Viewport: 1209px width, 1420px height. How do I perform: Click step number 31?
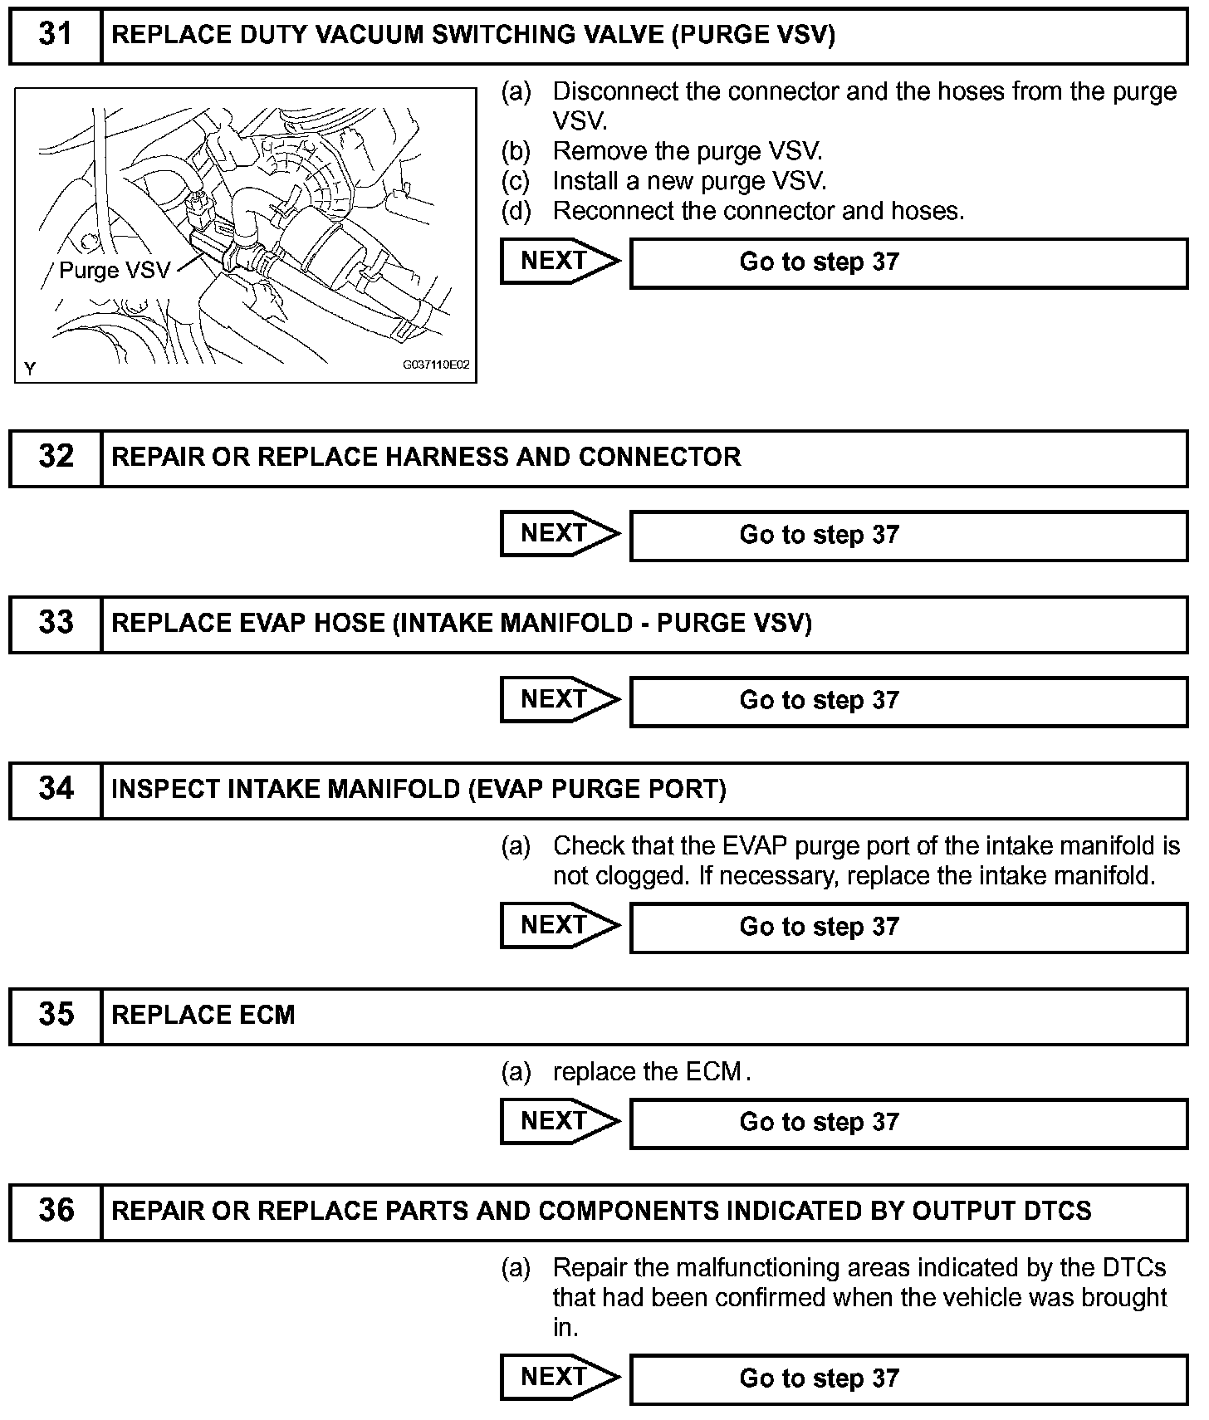[56, 35]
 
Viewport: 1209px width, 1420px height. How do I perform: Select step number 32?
[56, 457]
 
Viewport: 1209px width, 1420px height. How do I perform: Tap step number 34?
[56, 789]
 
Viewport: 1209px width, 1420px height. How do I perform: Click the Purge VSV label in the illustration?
[114, 271]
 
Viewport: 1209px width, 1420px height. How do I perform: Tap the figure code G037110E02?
[436, 365]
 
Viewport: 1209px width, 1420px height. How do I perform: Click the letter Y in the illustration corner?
[30, 368]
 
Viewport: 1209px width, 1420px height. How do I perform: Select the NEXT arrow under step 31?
[558, 262]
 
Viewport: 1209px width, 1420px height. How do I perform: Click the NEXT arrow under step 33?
[558, 700]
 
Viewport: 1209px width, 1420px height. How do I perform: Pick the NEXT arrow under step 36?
[558, 1378]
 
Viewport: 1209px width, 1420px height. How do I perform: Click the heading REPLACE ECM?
[203, 1015]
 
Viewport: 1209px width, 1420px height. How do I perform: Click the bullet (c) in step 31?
[516, 181]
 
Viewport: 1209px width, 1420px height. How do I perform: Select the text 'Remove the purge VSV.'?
[688, 151]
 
